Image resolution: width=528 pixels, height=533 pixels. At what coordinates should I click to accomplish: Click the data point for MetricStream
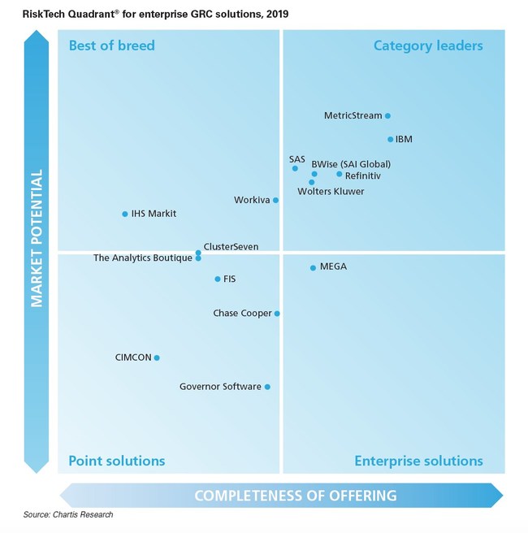click(387, 116)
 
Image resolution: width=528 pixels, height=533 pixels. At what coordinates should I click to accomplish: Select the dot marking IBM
click(390, 140)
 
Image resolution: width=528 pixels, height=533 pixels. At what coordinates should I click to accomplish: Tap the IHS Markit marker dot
click(124, 214)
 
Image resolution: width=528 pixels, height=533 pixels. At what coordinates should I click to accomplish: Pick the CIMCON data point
click(157, 357)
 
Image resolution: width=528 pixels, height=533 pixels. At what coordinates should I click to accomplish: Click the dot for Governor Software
click(267, 387)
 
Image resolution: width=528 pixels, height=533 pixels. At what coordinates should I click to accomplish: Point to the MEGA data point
click(313, 267)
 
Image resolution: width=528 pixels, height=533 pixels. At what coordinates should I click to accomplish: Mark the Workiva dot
click(275, 200)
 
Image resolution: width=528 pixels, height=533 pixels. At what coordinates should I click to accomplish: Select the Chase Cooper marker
click(277, 314)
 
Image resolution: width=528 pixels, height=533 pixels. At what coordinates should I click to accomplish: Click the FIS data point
click(217, 279)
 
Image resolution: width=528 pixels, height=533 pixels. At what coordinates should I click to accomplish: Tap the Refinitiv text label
click(362, 175)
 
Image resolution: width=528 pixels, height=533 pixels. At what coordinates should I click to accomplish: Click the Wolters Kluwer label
click(331, 192)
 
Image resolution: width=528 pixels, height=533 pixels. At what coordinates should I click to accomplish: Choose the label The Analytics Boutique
click(142, 258)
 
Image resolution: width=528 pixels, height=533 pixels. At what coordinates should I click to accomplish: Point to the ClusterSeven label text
click(231, 246)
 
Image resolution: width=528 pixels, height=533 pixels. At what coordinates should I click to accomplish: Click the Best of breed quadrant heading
click(111, 45)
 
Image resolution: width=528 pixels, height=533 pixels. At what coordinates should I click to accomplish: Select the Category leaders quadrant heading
click(428, 45)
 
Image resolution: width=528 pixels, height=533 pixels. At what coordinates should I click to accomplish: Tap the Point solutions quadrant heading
click(116, 461)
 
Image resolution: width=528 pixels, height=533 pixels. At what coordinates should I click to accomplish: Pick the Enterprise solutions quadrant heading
click(418, 461)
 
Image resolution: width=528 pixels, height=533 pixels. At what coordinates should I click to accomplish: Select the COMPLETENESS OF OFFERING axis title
click(295, 496)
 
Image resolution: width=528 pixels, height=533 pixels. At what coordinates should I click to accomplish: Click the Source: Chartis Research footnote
click(68, 515)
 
